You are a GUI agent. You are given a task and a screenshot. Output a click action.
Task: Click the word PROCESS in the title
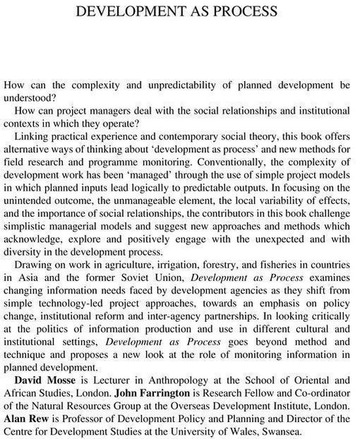(243, 11)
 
